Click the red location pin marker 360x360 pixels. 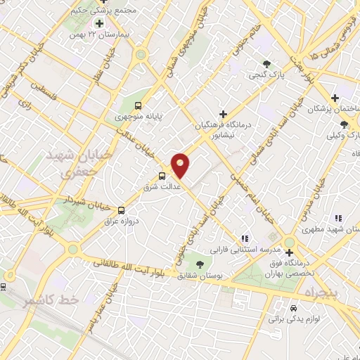click(181, 164)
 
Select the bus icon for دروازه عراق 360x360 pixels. click(121, 210)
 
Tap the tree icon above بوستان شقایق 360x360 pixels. click(201, 264)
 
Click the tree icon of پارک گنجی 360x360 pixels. click(266, 64)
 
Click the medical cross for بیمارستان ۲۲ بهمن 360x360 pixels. click(100, 23)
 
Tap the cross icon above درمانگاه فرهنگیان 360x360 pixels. click(224, 113)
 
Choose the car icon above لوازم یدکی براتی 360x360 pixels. click(293, 307)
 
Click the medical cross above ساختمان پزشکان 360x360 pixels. click(335, 97)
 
